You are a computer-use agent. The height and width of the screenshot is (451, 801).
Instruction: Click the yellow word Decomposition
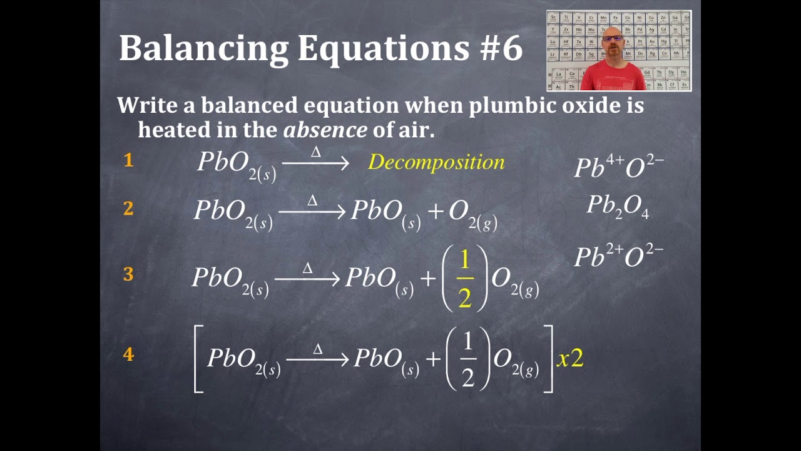click(436, 162)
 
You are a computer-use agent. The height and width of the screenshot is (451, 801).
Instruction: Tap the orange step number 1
click(128, 160)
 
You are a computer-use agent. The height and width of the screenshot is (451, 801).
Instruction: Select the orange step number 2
click(128, 209)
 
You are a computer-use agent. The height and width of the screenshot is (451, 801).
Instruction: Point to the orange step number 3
click(128, 274)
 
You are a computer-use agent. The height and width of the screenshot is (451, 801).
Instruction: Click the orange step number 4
click(128, 355)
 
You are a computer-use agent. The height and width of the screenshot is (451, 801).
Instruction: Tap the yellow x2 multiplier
click(570, 358)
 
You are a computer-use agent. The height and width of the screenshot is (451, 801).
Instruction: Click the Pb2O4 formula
click(618, 207)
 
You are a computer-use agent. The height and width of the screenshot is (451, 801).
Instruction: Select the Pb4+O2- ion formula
click(618, 167)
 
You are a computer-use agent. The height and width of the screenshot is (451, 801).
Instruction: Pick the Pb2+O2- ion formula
click(618, 256)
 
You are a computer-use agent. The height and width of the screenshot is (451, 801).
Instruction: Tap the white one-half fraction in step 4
click(467, 359)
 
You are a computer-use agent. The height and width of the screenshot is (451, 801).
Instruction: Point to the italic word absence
click(325, 130)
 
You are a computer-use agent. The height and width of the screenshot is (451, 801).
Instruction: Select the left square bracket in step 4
click(198, 359)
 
